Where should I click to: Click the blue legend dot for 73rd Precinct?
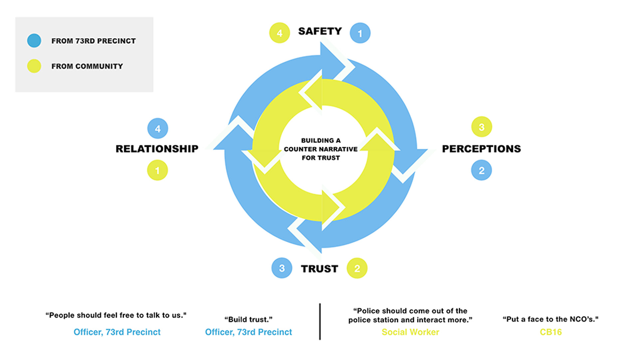pyautogui.click(x=34, y=41)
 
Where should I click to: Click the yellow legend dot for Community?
pyautogui.click(x=34, y=66)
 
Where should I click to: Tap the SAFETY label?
pyautogui.click(x=320, y=31)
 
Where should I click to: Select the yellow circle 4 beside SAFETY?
pyautogui.click(x=280, y=33)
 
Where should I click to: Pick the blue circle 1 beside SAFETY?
pyautogui.click(x=360, y=33)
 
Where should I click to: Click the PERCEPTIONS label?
pyautogui.click(x=481, y=149)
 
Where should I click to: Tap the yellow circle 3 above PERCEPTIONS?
pyautogui.click(x=482, y=127)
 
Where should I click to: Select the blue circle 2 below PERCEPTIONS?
pyautogui.click(x=482, y=170)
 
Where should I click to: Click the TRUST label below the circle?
pyautogui.click(x=319, y=269)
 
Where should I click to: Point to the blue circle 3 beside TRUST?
pyautogui.click(x=282, y=268)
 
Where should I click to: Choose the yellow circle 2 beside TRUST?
pyautogui.click(x=357, y=268)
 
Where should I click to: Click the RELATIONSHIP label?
pyautogui.click(x=157, y=149)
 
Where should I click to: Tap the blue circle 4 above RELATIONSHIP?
pyautogui.click(x=158, y=129)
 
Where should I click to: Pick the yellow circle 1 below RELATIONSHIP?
pyautogui.click(x=157, y=170)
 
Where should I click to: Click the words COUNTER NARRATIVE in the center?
pyautogui.click(x=321, y=149)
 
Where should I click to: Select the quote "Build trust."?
pyautogui.click(x=248, y=319)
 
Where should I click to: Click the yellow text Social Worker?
pyautogui.click(x=410, y=332)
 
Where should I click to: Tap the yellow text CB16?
pyautogui.click(x=551, y=332)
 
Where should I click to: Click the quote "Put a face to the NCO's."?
pyautogui.click(x=550, y=319)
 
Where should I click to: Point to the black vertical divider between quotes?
pyautogui.click(x=320, y=321)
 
